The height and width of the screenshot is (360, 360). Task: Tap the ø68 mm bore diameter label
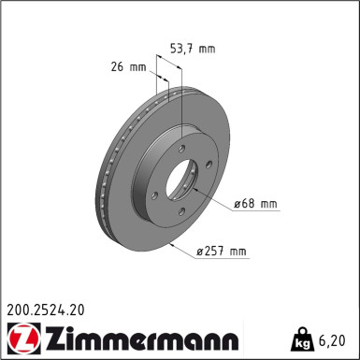pyautogui.click(x=254, y=204)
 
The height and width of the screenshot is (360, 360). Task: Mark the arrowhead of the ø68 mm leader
pyautogui.click(x=203, y=198)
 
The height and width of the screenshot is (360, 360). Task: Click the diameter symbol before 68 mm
pyautogui.click(x=238, y=204)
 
